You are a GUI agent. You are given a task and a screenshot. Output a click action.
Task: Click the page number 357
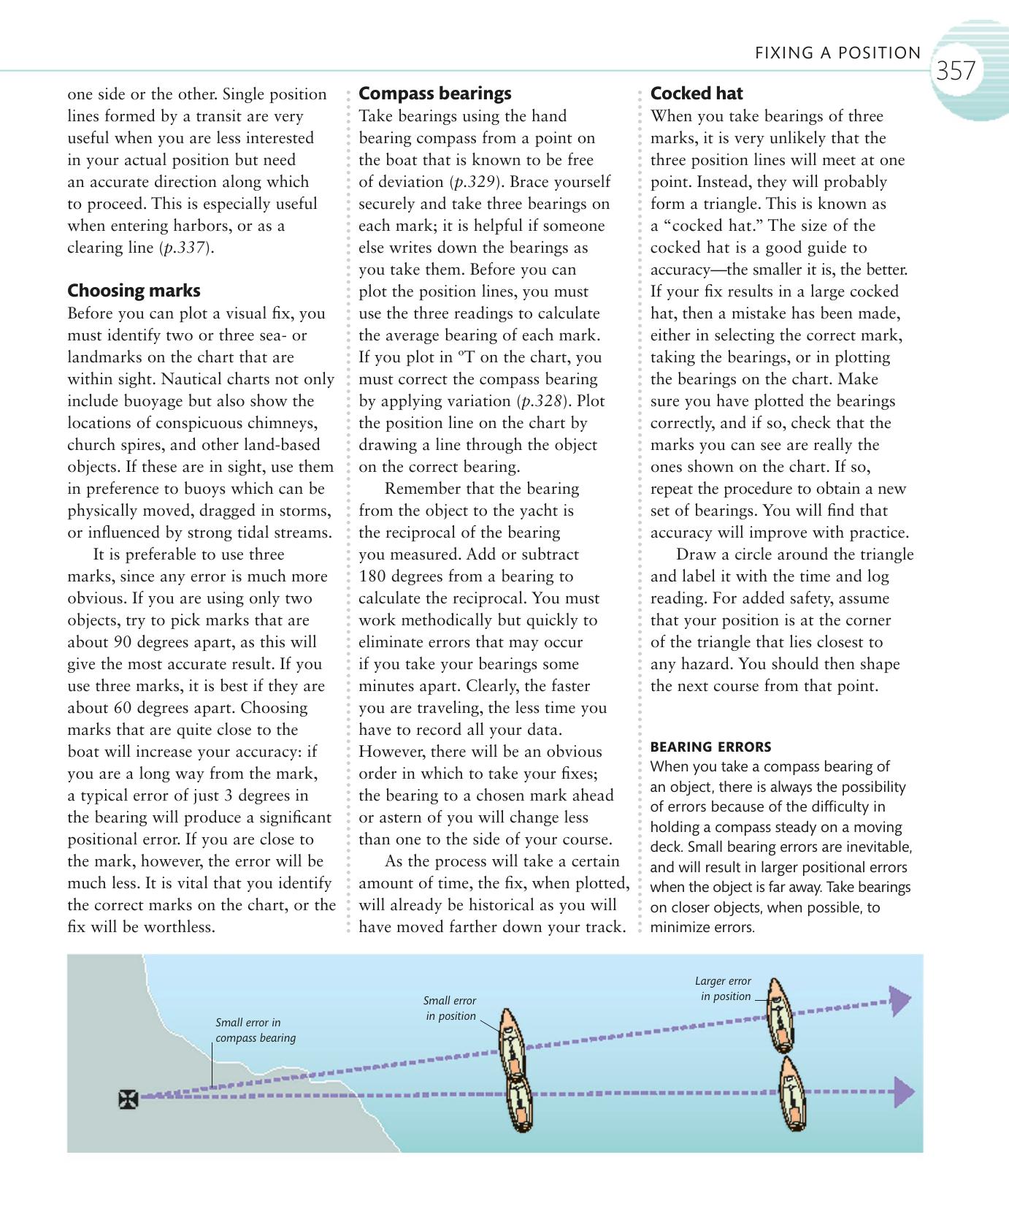(955, 71)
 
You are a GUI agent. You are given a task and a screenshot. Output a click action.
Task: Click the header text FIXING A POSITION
(837, 53)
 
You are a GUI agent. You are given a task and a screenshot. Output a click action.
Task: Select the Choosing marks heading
(134, 291)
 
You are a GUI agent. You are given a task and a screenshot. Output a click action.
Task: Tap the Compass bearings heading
(434, 94)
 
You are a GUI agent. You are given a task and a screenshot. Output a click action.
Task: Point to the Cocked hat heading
(696, 94)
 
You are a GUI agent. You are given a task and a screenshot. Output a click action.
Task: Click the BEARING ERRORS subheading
(710, 747)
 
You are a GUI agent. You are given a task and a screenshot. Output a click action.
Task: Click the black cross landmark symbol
(128, 1099)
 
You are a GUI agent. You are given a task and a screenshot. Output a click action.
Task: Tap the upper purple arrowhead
(900, 1000)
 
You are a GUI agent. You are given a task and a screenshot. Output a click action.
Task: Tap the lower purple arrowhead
(904, 1093)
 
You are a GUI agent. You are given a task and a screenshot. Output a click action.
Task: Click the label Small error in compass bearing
(255, 1030)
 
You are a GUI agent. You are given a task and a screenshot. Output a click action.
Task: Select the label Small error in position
(450, 1008)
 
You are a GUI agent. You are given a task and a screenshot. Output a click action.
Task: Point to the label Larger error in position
(724, 988)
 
